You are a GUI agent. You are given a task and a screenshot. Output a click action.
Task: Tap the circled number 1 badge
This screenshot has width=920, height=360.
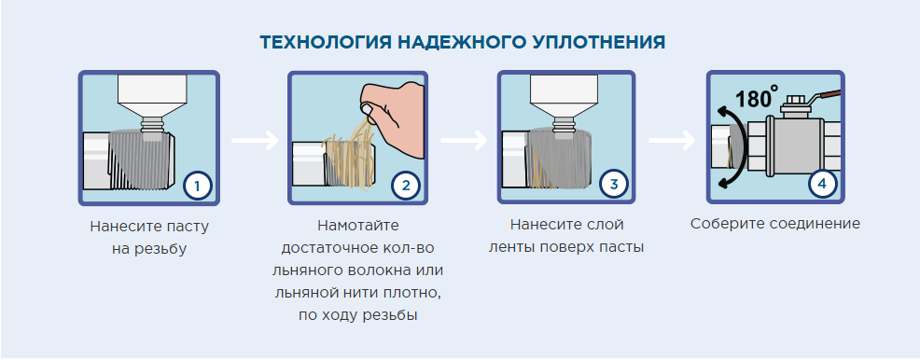point(197,186)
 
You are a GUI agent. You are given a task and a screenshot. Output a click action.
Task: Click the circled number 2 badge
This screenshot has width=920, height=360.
point(406,186)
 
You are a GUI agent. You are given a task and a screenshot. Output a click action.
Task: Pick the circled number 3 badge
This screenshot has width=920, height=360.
point(614,184)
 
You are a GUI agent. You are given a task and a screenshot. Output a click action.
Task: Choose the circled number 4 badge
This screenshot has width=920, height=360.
point(822,184)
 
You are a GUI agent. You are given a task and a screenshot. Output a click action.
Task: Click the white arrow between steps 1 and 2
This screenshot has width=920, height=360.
point(255,140)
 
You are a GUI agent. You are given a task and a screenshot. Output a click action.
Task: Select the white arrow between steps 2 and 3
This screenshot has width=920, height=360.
point(464,140)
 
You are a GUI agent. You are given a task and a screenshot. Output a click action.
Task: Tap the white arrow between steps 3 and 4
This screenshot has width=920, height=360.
point(672,140)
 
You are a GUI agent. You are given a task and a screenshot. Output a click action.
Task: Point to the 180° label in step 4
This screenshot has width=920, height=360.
point(756,97)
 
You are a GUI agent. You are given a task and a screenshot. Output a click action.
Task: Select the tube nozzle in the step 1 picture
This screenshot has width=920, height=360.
point(153,124)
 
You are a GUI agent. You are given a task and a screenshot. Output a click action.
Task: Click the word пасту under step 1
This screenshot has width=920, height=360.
point(188,227)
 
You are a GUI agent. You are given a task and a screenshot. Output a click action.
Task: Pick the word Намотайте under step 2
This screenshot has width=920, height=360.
point(358,225)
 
